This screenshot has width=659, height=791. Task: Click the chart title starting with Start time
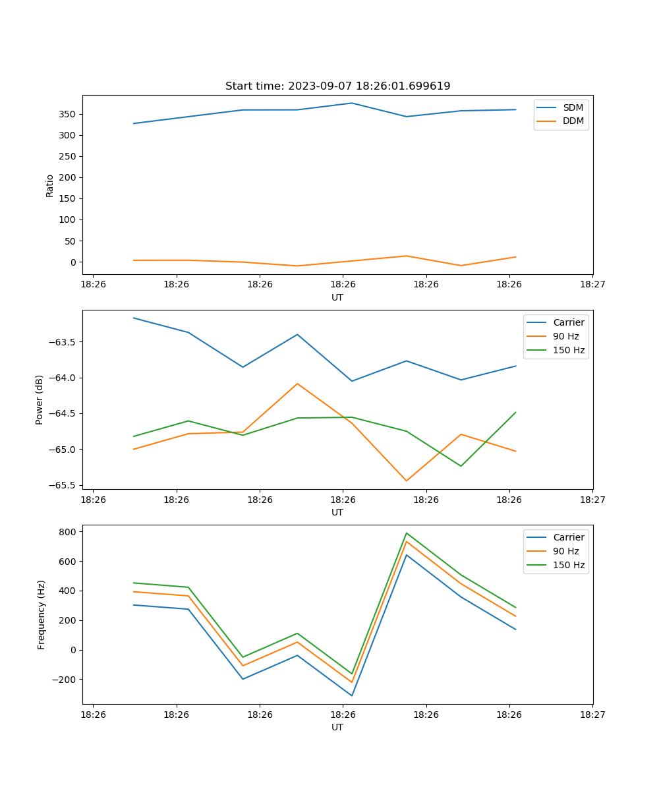[337, 86]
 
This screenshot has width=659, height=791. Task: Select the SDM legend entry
[573, 107]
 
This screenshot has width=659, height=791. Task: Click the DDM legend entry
[573, 121]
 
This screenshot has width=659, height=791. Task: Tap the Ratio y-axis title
[50, 185]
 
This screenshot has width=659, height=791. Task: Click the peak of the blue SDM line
[352, 103]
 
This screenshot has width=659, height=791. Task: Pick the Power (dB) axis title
[40, 399]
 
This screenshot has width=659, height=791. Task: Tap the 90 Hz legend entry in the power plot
[566, 336]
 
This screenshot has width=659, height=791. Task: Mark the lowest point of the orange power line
[407, 481]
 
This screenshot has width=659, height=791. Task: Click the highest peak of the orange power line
[297, 384]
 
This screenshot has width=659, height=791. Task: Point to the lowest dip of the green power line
[461, 466]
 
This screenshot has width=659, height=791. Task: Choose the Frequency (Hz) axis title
[41, 614]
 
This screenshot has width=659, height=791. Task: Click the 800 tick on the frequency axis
[68, 531]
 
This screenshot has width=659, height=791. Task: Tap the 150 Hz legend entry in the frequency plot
[569, 565]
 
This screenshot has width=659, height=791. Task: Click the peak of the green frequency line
[407, 533]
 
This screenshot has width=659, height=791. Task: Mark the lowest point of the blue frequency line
[352, 695]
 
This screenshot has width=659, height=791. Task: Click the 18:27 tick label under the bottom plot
[592, 715]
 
